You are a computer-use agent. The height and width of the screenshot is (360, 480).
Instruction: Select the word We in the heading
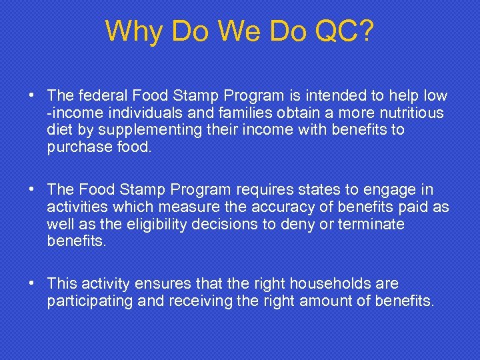(x=246, y=31)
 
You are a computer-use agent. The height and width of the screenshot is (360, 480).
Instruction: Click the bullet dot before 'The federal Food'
(x=33, y=95)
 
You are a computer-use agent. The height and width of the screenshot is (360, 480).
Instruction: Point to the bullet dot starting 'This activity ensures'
(x=33, y=283)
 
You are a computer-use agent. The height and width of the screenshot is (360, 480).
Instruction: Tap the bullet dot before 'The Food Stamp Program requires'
(x=33, y=189)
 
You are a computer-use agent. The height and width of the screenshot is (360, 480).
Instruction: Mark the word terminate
(x=371, y=224)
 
